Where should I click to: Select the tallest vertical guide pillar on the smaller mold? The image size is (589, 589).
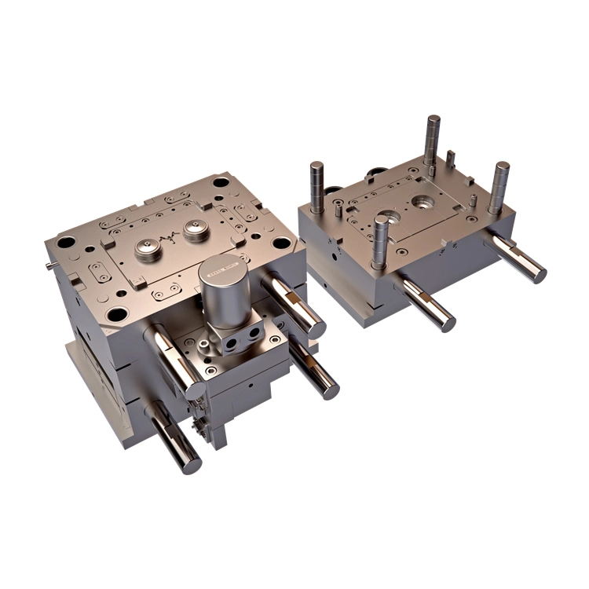pyautogui.click(x=432, y=140)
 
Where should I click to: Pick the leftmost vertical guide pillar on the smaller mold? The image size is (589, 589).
pyautogui.click(x=316, y=187)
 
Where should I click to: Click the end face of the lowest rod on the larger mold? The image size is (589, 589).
pyautogui.click(x=191, y=463)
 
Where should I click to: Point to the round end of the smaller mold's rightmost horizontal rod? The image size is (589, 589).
pyautogui.click(x=538, y=273)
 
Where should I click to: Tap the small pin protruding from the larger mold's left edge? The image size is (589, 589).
pyautogui.click(x=49, y=265)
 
